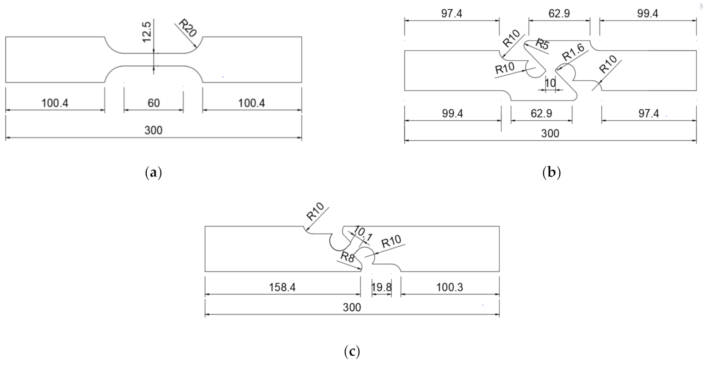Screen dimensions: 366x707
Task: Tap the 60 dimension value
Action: (154, 103)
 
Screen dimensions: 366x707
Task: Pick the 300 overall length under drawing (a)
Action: (153, 130)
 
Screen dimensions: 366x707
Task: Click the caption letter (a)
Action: (154, 173)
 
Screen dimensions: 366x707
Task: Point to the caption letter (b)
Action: (551, 173)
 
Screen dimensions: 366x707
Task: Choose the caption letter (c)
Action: (352, 352)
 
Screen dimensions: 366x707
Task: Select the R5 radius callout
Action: (542, 45)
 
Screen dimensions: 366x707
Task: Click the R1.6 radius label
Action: (573, 52)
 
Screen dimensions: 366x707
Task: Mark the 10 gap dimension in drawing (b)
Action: (550, 83)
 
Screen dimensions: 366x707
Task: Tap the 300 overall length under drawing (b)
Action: (550, 134)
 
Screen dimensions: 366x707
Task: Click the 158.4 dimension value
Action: (282, 287)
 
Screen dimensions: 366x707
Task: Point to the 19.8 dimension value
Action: (381, 287)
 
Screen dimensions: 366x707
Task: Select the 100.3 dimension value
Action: (449, 287)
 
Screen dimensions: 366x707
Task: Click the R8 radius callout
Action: (347, 257)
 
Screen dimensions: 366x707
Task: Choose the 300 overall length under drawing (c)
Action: (352, 307)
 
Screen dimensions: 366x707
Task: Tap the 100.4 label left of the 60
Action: (55, 103)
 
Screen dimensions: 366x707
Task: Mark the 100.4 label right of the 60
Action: (252, 103)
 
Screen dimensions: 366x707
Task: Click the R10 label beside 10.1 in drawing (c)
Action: (391, 242)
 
